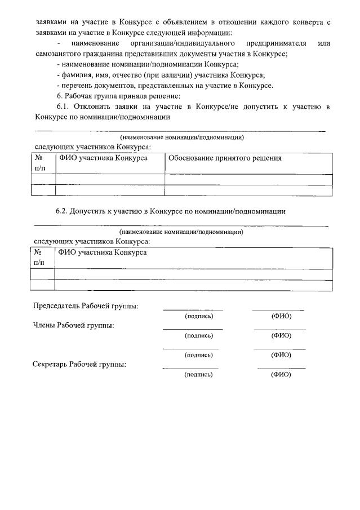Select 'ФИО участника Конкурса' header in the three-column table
(x=103, y=158)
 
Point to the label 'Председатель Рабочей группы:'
(x=86, y=306)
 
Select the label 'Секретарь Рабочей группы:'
(x=79, y=364)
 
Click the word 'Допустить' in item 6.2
(x=91, y=211)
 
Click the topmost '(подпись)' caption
(x=199, y=316)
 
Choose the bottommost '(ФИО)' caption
(x=281, y=374)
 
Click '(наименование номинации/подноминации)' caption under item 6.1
(x=181, y=137)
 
